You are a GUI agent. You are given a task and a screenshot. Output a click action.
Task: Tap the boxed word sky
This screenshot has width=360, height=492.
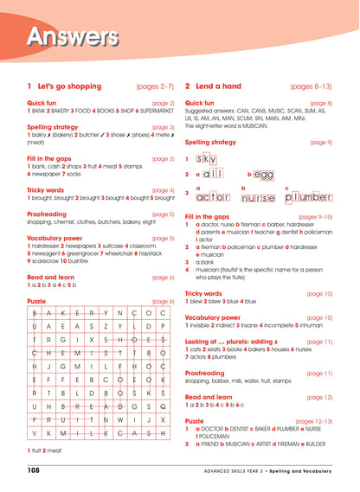coord(206,159)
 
